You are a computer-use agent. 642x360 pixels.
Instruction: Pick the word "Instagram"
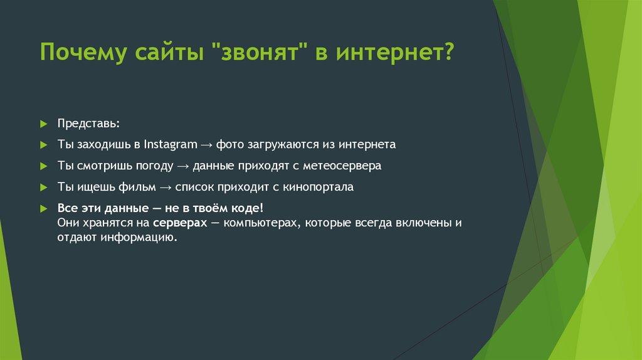[x=170, y=144]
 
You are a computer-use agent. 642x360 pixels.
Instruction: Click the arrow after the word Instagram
[x=207, y=145]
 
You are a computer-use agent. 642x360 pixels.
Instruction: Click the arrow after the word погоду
[x=182, y=167]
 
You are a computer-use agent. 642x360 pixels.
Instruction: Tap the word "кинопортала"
[x=321, y=187]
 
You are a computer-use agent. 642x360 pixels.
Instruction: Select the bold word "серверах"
[x=179, y=223]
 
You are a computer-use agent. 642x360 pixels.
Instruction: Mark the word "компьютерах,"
[x=263, y=223]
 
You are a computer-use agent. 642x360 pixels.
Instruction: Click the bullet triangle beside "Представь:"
[x=43, y=124]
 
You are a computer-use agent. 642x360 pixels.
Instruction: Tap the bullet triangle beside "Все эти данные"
[x=43, y=208]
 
